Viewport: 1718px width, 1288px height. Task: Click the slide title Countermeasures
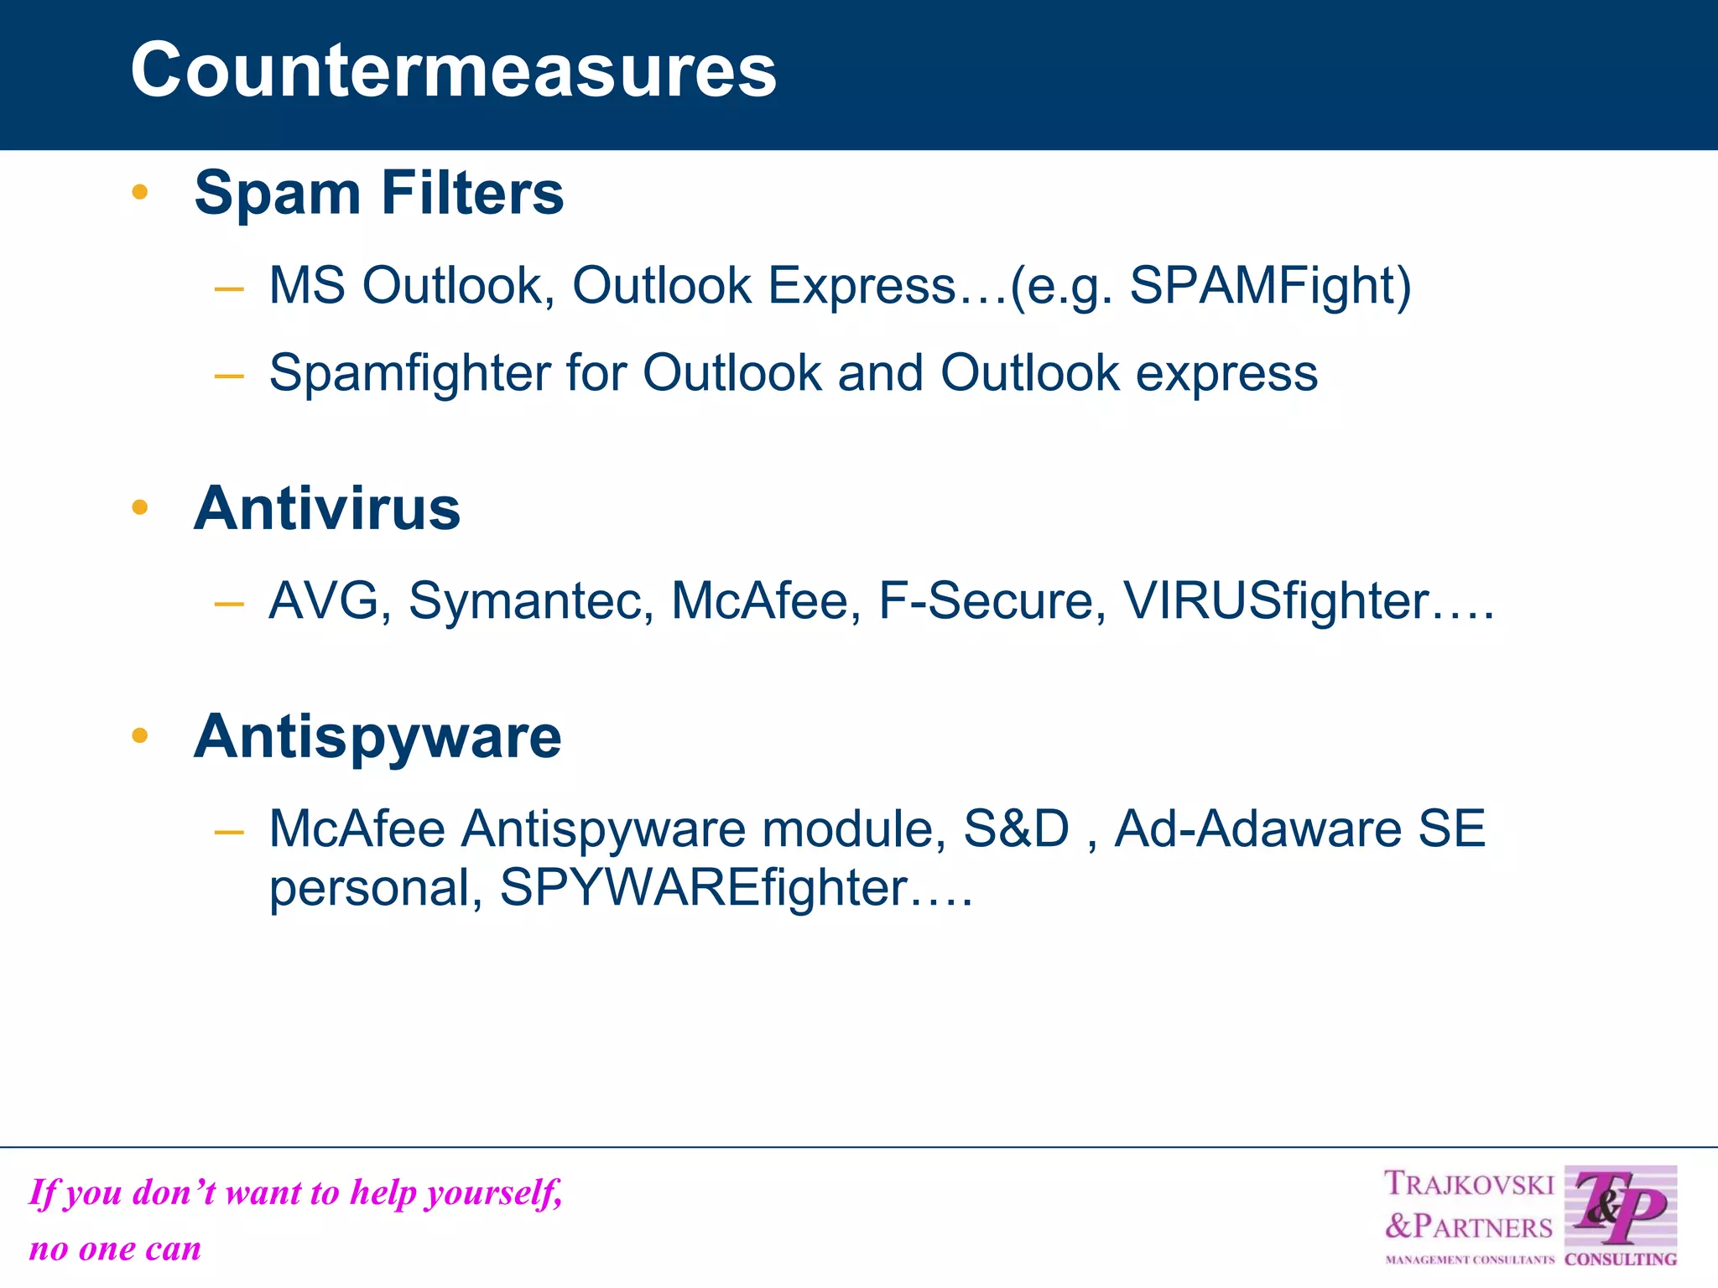453,70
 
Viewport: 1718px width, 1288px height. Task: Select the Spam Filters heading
378,194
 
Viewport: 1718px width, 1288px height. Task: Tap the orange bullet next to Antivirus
140,507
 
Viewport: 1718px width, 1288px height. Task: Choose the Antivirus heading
326,509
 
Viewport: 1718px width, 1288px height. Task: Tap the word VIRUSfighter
1275,601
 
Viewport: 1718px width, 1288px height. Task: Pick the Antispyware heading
377,737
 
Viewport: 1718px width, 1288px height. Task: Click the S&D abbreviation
1016,829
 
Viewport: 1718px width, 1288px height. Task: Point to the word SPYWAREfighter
703,888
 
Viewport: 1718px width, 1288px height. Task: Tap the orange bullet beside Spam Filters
140,192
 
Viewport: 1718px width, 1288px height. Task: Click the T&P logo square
1620,1207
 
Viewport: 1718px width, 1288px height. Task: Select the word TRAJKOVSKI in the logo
1468,1184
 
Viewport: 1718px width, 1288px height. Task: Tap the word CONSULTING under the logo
1620,1259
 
